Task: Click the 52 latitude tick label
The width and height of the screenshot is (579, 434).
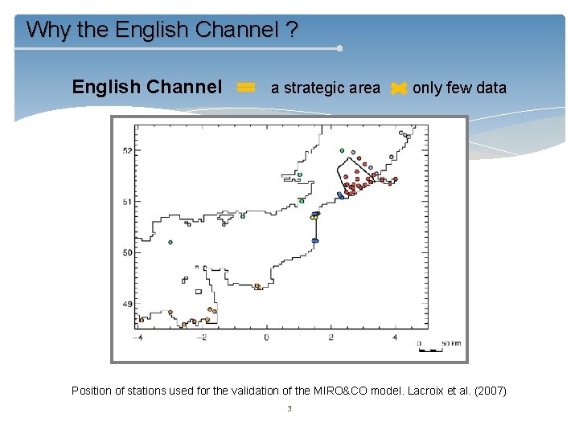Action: (x=126, y=150)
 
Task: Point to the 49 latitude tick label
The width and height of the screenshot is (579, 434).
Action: (x=126, y=304)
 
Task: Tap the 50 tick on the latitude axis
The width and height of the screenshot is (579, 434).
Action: (x=126, y=252)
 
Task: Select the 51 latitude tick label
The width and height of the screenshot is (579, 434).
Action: (x=126, y=202)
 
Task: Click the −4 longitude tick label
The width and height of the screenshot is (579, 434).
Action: (x=138, y=338)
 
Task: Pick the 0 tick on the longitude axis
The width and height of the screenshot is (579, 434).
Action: (x=267, y=338)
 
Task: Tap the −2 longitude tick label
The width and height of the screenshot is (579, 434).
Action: (x=202, y=338)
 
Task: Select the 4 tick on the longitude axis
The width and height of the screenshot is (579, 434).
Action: (x=395, y=338)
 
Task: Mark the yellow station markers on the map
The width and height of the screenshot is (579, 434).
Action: (x=315, y=217)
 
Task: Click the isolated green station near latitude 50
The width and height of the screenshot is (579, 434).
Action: (x=170, y=242)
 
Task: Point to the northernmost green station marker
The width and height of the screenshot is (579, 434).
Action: (x=342, y=150)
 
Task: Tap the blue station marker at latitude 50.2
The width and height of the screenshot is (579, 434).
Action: (x=315, y=240)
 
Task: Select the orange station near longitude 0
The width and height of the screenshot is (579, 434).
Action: (x=257, y=286)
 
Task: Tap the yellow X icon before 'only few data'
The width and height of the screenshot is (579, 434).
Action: (x=398, y=89)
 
